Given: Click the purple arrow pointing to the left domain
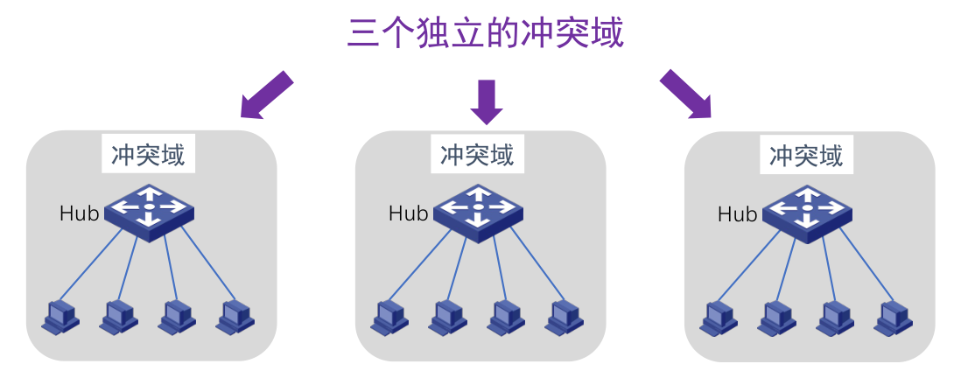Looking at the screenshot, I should click(x=265, y=94).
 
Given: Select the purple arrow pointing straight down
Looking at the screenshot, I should click(x=486, y=100).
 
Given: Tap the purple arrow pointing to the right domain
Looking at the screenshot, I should click(x=684, y=94).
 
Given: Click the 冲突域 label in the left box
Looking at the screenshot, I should click(x=148, y=156).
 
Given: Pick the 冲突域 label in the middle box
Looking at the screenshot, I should click(x=477, y=156).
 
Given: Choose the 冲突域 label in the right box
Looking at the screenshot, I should click(x=806, y=156).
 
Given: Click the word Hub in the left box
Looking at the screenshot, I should click(x=79, y=213).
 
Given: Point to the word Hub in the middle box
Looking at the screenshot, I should click(x=408, y=213).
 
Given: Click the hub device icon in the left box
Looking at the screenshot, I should click(x=149, y=206).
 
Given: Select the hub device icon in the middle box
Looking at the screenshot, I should click(x=478, y=206).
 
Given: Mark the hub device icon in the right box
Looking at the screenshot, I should click(x=807, y=206).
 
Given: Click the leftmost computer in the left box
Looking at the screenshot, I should click(x=60, y=316).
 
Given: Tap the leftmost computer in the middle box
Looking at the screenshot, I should click(x=389, y=316).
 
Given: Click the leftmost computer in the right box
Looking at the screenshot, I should click(x=719, y=316).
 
